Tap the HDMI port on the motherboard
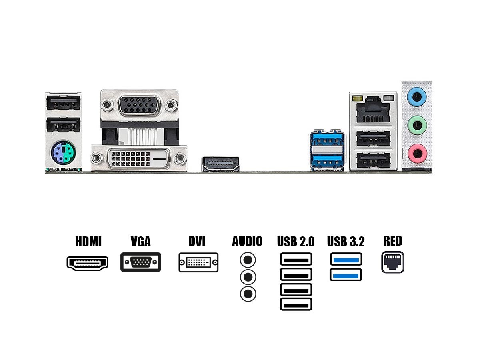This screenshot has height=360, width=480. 220,164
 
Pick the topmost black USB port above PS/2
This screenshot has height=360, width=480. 63,104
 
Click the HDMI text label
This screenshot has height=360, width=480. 88,242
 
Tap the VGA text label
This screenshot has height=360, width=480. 141,242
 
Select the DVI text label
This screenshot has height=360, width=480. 197,241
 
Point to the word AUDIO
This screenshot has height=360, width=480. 247,241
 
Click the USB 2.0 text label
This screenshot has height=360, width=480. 296,242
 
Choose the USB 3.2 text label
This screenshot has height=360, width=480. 346,242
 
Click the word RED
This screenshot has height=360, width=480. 392,241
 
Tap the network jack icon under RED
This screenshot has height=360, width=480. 392,262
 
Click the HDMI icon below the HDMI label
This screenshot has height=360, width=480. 88,263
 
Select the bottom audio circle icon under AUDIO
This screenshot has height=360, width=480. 248,294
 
